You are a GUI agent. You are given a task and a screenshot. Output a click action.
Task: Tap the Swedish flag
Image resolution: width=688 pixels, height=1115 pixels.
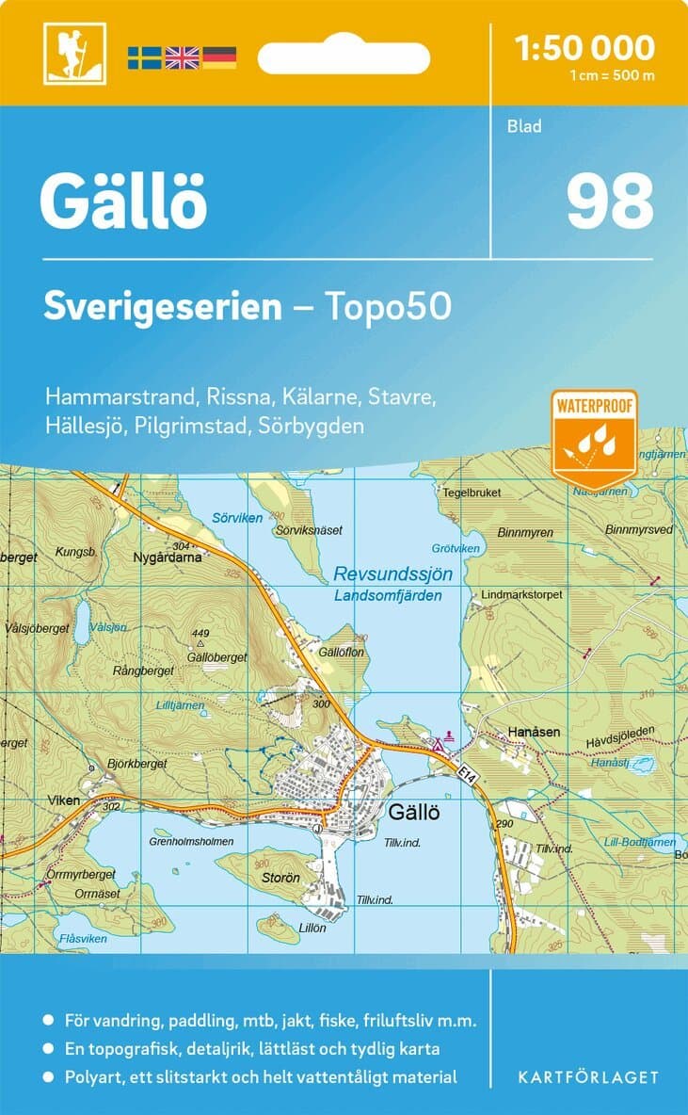coord(145,57)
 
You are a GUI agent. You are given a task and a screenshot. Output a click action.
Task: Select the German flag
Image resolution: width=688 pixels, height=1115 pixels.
coord(219,57)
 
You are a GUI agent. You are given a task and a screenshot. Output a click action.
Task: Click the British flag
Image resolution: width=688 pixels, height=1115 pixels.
coord(182,57)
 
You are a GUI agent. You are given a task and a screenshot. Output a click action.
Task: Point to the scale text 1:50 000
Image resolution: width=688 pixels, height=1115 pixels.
coord(584,47)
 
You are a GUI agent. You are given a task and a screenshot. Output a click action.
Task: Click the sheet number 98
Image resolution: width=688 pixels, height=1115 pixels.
coord(609,202)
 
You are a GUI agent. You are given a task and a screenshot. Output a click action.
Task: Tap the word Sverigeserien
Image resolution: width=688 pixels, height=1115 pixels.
coord(163,307)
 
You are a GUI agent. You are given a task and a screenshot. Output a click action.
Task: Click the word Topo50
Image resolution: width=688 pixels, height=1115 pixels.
coord(389,307)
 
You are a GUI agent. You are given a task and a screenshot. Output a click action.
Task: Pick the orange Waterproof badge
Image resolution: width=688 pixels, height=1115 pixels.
coord(595,437)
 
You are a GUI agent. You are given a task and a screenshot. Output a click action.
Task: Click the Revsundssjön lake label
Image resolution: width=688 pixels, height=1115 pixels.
coord(393,574)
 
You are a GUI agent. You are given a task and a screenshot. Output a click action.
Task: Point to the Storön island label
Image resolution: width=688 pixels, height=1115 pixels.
coord(280,878)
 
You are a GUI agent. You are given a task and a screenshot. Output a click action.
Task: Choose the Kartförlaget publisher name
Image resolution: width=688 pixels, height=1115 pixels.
coord(588,1076)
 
